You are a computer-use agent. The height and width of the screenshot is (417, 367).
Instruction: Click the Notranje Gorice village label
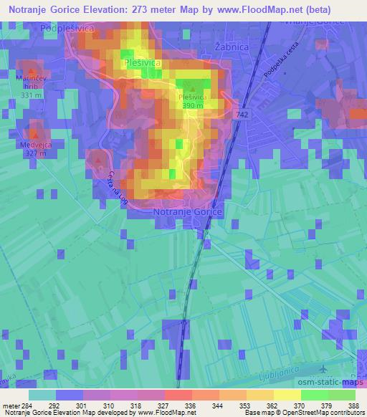coord(189,213)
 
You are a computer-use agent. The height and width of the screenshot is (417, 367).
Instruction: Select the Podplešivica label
coord(68,27)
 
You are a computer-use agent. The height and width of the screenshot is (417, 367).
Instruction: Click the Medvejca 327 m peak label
coord(32,147)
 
